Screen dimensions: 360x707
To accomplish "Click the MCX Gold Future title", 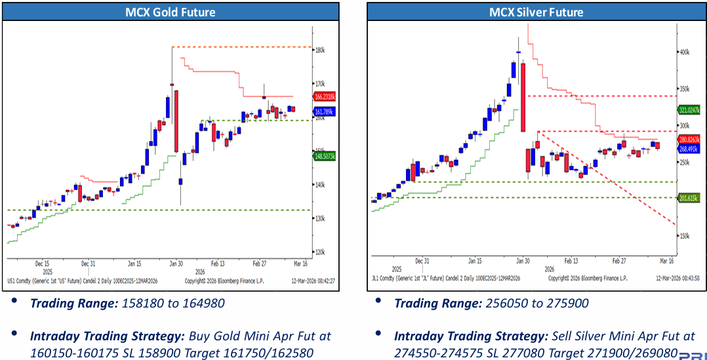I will point(170,12).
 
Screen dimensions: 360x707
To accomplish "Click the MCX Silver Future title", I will point(536,12).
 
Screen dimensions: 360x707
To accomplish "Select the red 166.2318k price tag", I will point(326,96).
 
